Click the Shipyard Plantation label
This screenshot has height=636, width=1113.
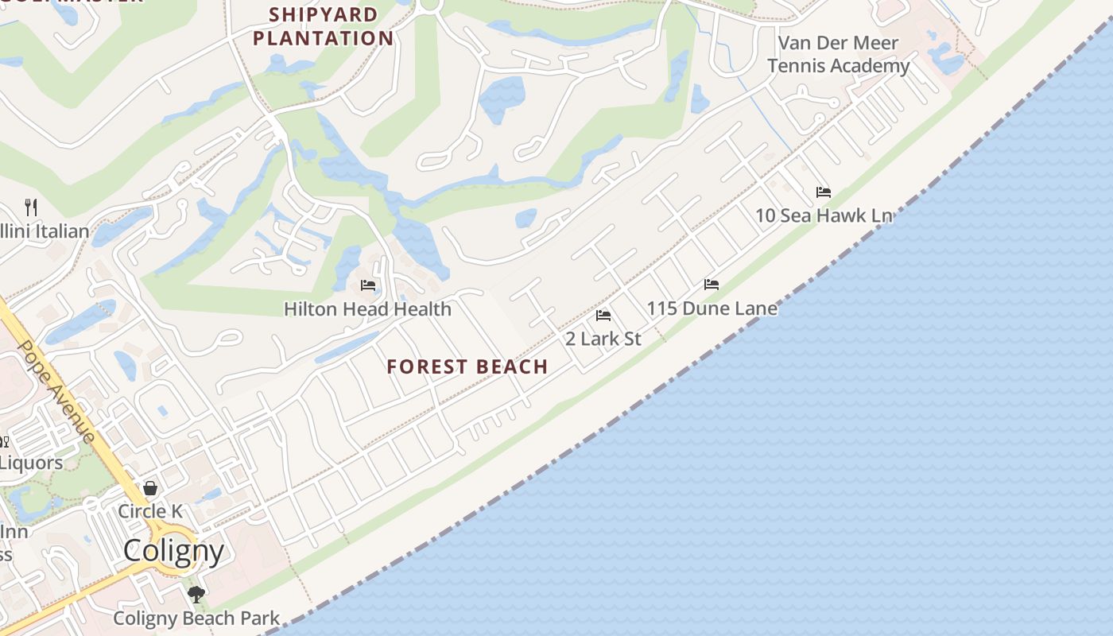[x=323, y=26]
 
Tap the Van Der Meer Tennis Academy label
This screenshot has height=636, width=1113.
[x=838, y=54]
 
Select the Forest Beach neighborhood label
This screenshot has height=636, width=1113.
[x=467, y=366]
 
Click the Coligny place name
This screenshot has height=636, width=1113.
[x=173, y=550]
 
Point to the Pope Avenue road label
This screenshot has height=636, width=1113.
[x=56, y=390]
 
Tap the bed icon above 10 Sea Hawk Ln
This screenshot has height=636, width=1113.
[x=824, y=192]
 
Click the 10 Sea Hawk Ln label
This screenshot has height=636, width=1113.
[x=824, y=215]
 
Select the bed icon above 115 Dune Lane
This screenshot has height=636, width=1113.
[x=712, y=285]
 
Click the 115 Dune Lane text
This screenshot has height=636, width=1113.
[x=712, y=308]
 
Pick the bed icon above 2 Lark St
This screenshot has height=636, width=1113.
[x=603, y=316]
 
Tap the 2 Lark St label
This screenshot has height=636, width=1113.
[x=603, y=339]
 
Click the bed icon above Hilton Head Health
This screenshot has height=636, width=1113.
[x=367, y=285]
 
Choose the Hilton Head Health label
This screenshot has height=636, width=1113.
[x=367, y=308]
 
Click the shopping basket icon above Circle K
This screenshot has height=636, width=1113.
[x=150, y=487]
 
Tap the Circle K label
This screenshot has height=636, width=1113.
[x=154, y=511]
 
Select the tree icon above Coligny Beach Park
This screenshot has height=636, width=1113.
[x=196, y=594]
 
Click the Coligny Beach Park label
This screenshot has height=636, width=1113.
[x=196, y=618]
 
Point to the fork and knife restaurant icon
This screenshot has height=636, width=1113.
[x=31, y=207]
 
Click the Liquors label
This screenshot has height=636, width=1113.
[x=30, y=462]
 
